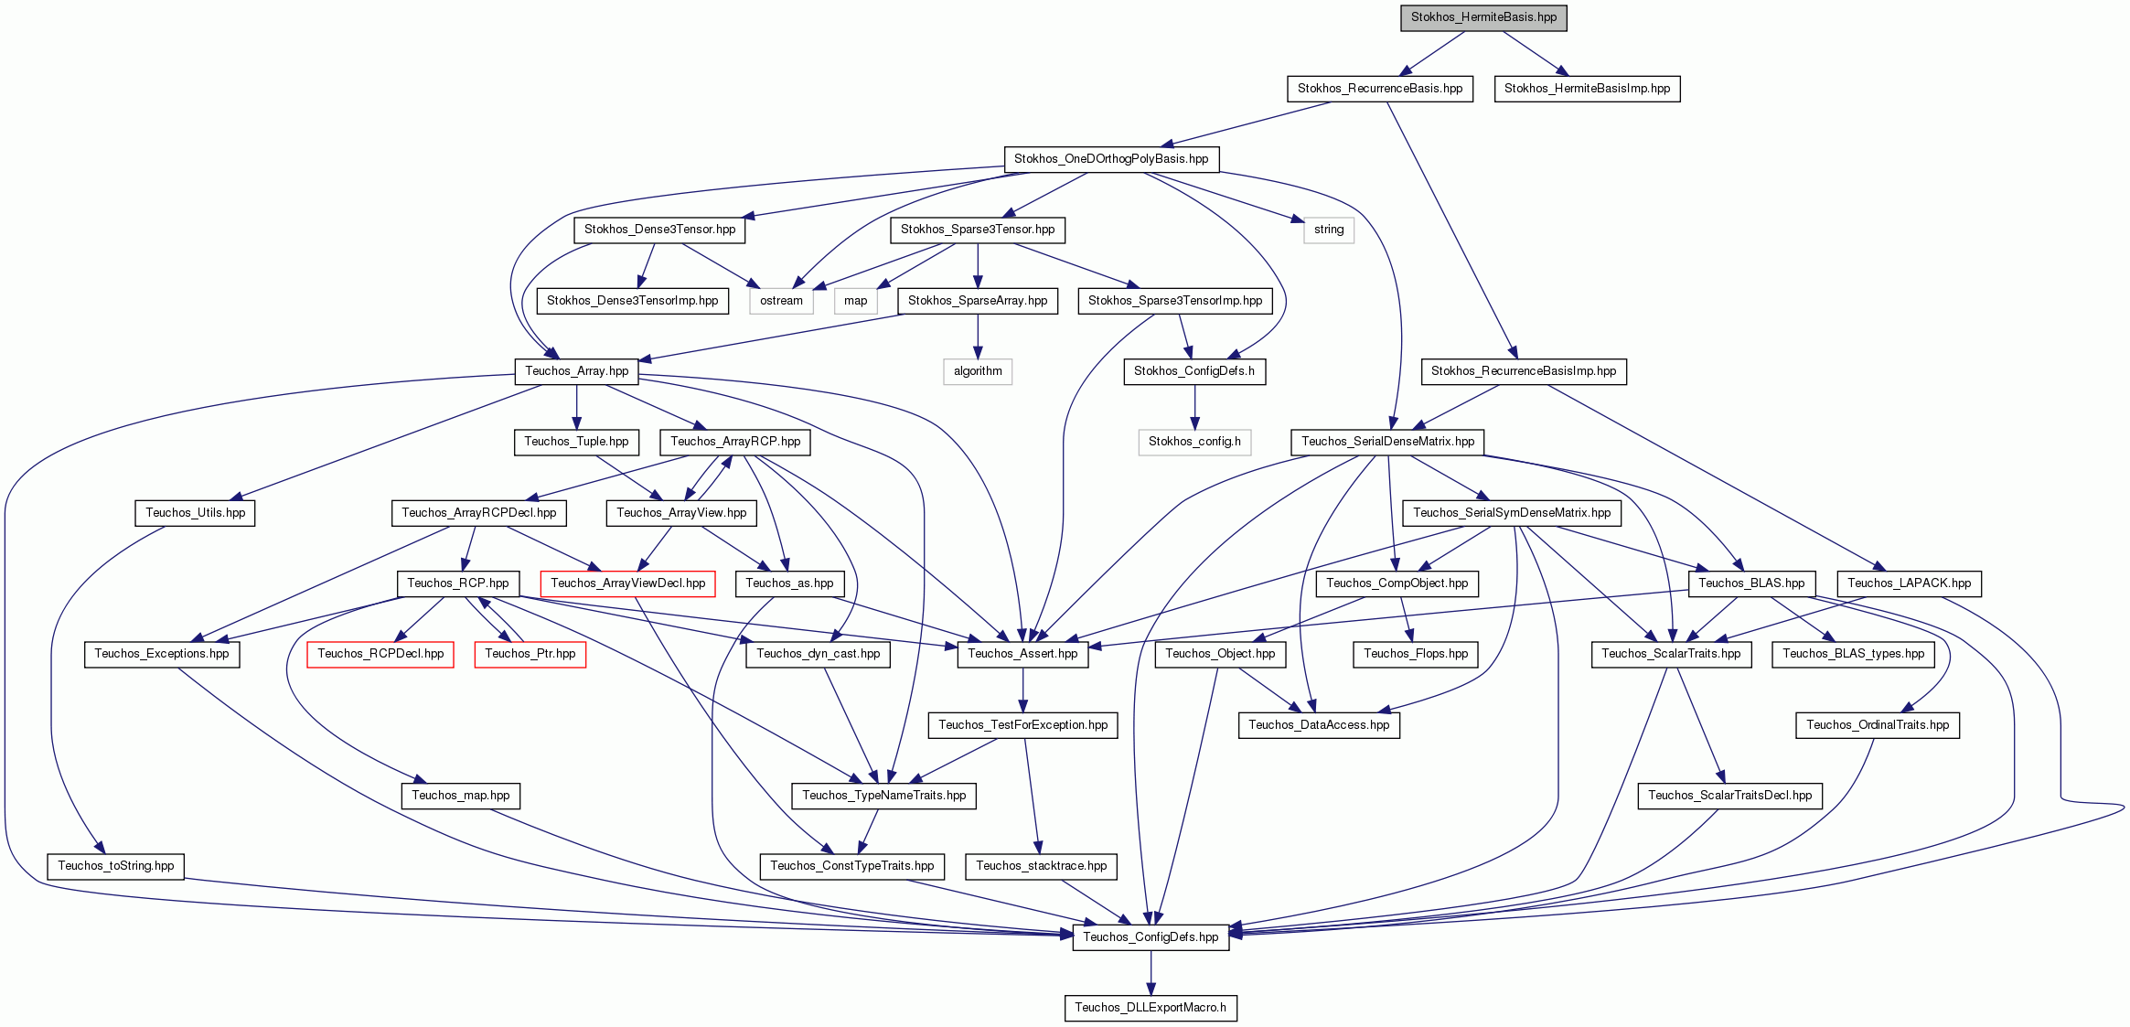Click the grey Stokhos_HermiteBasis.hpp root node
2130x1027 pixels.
(x=1483, y=17)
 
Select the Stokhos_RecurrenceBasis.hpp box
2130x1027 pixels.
(x=1380, y=89)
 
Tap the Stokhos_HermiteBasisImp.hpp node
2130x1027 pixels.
(x=1587, y=89)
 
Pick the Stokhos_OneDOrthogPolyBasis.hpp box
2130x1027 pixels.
(x=1111, y=159)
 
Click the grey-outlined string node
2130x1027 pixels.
(x=1329, y=230)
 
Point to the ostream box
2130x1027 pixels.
(x=781, y=301)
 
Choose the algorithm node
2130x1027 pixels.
(x=978, y=371)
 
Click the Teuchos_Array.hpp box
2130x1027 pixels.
(x=576, y=371)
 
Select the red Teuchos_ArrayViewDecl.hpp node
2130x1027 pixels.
(x=627, y=583)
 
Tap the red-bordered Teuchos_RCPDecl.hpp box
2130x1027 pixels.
(x=380, y=654)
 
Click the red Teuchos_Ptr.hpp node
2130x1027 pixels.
(x=530, y=654)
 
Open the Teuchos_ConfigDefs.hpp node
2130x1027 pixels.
(x=1151, y=937)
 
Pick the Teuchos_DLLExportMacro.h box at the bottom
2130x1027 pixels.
(x=1151, y=1008)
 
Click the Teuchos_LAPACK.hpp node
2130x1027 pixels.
(x=1909, y=583)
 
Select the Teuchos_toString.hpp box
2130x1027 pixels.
(x=116, y=866)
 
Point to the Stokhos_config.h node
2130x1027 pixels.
(x=1194, y=442)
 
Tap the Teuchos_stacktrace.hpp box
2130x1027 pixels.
(x=1041, y=866)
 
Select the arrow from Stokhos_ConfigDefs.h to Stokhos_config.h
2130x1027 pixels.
(x=1194, y=407)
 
